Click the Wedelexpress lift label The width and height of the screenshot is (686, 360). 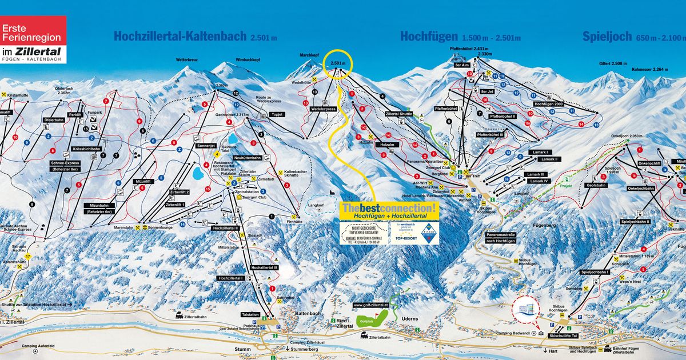pyautogui.click(x=323, y=108)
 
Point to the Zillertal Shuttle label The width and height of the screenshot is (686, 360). pyautogui.click(x=399, y=114)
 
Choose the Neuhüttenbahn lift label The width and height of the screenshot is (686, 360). pyautogui.click(x=248, y=157)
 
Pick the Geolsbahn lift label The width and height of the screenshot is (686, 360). pyautogui.click(x=596, y=185)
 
